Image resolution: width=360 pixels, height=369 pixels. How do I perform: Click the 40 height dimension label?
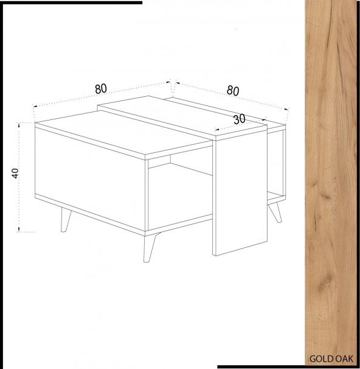(x=15, y=173)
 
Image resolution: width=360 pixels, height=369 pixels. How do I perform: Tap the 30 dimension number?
(x=240, y=119)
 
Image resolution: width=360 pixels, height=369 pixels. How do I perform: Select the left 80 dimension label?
(x=101, y=89)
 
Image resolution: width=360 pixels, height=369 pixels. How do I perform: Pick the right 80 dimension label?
(x=233, y=91)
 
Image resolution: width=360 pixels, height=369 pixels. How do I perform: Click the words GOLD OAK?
(x=331, y=359)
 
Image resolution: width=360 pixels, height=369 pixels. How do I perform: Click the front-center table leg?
(x=150, y=247)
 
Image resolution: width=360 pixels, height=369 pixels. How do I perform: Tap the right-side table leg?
(x=275, y=213)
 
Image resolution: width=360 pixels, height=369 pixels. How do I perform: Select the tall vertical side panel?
(x=240, y=192)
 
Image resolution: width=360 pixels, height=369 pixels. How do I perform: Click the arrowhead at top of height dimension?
(x=19, y=124)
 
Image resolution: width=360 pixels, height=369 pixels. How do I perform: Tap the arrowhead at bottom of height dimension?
(x=19, y=230)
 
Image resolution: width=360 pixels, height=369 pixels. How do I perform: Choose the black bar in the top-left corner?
(x=71, y=2)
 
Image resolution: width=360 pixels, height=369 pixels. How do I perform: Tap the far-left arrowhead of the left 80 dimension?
(x=35, y=107)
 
